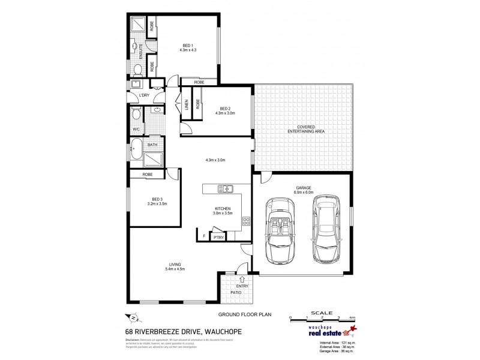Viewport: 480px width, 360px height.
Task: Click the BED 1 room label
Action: (188, 46)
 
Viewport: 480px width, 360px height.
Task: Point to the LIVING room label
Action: (175, 265)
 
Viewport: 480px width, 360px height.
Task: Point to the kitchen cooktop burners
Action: (246, 221)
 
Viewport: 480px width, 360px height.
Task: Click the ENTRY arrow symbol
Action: (242, 278)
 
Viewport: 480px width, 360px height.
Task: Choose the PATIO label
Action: (229, 292)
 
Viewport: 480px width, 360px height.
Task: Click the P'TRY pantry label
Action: (218, 238)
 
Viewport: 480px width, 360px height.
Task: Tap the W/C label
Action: (136, 128)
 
